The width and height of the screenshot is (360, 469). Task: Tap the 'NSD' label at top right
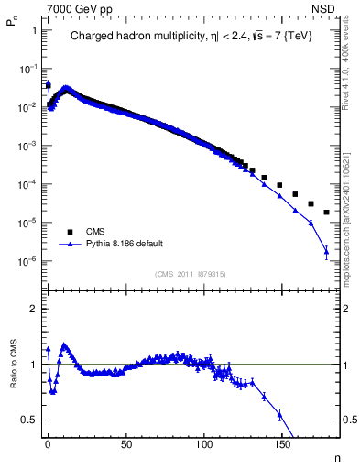pyautogui.click(x=327, y=7)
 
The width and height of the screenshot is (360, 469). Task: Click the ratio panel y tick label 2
pyautogui.click(x=32, y=309)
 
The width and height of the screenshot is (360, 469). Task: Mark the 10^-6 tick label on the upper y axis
pyautogui.click(x=27, y=261)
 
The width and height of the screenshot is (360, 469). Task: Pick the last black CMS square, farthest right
pyautogui.click(x=327, y=213)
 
